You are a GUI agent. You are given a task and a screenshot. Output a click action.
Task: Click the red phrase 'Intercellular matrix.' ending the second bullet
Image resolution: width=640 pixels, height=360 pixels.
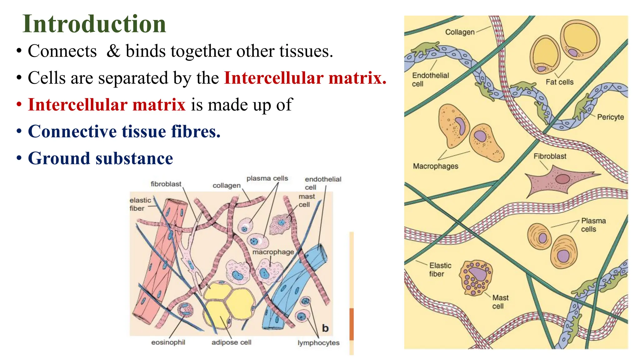coord(305,78)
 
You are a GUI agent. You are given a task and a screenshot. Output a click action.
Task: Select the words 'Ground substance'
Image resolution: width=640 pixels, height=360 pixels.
coord(100,158)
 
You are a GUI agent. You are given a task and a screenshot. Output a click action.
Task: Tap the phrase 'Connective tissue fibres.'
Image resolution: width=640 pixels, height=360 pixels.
coord(124,131)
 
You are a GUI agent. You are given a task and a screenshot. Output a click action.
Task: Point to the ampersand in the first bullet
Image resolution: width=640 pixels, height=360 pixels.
coord(113,51)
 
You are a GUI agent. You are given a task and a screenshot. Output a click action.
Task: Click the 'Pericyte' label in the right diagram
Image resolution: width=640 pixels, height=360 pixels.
coord(610,117)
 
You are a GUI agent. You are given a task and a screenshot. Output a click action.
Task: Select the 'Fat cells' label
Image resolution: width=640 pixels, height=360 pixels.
coord(559,82)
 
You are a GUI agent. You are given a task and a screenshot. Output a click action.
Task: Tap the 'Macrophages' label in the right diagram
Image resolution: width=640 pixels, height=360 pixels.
coord(435,166)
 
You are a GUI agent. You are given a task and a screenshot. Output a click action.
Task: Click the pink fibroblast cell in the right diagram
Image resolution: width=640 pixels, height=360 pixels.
coord(559,181)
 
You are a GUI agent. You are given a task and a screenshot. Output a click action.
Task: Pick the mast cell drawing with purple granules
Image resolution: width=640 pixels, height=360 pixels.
coord(476,277)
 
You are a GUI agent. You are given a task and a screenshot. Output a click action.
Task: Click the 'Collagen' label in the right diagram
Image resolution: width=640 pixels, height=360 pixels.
coord(460,32)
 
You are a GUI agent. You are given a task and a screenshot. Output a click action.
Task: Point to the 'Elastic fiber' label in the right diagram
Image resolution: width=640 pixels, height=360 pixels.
coord(440,270)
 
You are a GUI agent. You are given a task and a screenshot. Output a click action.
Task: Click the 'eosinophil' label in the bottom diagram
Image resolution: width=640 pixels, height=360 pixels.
coord(168,342)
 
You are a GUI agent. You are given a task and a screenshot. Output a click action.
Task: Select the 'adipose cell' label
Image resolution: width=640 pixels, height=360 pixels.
coord(231,342)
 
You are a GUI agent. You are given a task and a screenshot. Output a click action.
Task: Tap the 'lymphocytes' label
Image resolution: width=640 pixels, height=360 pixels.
coord(318,343)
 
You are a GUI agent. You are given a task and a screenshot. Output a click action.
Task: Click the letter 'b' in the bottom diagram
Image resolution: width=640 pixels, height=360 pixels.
coord(325,328)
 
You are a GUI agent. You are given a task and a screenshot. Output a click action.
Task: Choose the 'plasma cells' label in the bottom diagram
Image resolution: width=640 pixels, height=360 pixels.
coord(267,178)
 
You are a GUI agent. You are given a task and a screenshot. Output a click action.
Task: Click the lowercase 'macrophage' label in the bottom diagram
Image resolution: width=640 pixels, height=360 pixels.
coord(273,252)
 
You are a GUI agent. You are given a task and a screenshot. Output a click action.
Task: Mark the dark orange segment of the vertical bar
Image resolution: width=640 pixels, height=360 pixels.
coord(352,324)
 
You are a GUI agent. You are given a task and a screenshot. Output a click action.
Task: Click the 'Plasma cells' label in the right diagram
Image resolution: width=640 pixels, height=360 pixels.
coord(593,225)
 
